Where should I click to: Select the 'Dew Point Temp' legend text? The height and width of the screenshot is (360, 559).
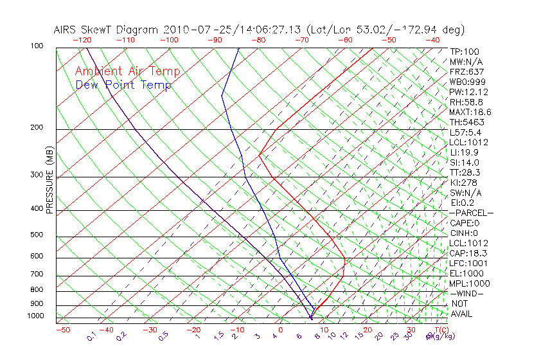[x=123, y=85]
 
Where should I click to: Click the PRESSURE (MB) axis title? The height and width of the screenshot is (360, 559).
[x=49, y=181]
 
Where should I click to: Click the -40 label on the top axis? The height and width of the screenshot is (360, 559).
[x=432, y=40]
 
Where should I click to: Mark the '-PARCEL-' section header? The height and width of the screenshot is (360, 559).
[x=471, y=213]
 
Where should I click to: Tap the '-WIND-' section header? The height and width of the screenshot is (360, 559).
[x=467, y=293]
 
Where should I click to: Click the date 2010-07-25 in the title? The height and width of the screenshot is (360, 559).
[x=189, y=30]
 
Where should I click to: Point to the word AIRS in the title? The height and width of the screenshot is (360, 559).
[x=66, y=30]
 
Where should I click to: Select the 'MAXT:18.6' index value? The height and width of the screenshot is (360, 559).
[x=471, y=112]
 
